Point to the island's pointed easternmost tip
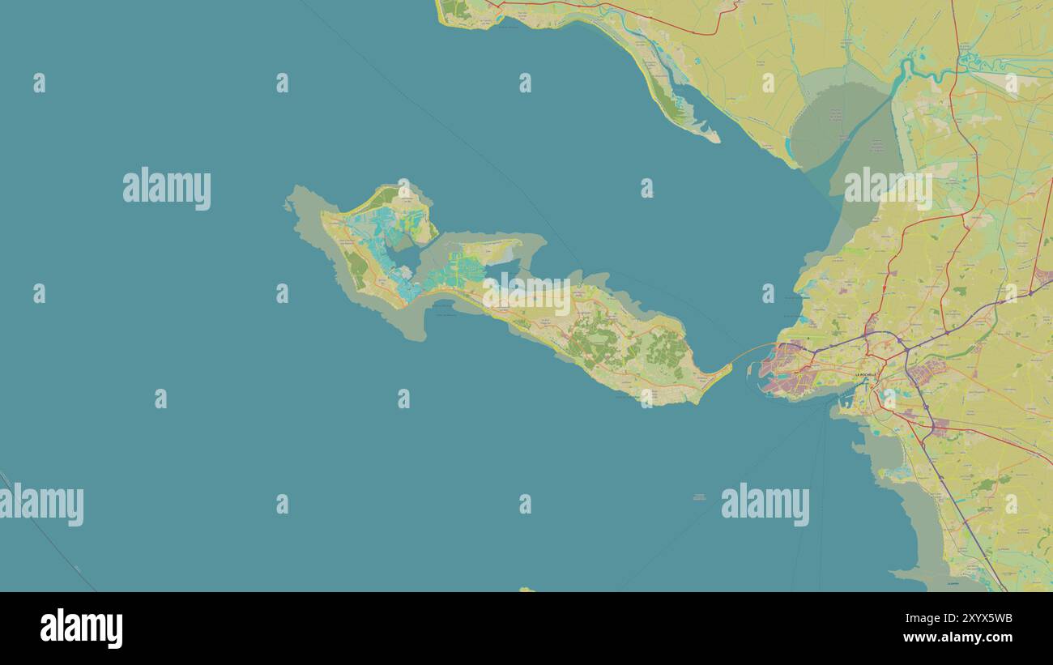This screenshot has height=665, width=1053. click(730, 368)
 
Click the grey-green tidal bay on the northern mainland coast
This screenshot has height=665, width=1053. click(834, 130)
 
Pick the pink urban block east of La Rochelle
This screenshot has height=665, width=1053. click(927, 373)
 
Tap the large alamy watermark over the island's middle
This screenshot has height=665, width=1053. click(527, 296)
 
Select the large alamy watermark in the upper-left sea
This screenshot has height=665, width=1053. click(167, 189)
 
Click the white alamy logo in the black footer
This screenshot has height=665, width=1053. click(81, 629)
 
